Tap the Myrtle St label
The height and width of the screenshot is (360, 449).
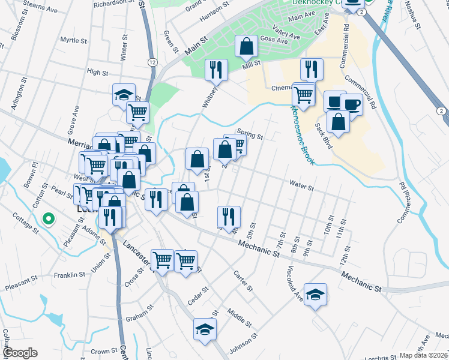[74, 40]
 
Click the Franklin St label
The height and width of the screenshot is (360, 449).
[70, 275]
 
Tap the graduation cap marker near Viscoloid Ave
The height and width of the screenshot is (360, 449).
[315, 295]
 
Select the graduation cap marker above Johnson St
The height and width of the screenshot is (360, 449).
[205, 329]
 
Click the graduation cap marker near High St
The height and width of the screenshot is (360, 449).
[124, 94]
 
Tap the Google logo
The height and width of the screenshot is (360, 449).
[21, 352]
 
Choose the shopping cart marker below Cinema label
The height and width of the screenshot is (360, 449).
[304, 94]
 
